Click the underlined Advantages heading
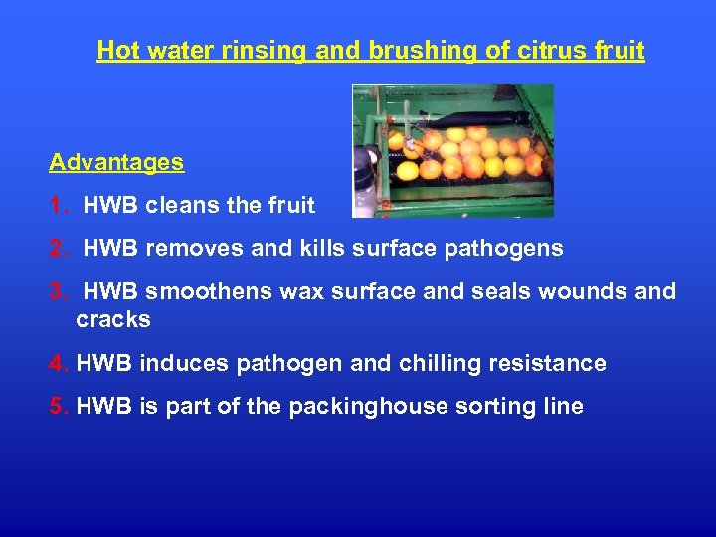(116, 162)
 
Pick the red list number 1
(58, 206)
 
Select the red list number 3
(58, 291)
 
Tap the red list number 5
(58, 406)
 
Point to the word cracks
(113, 319)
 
